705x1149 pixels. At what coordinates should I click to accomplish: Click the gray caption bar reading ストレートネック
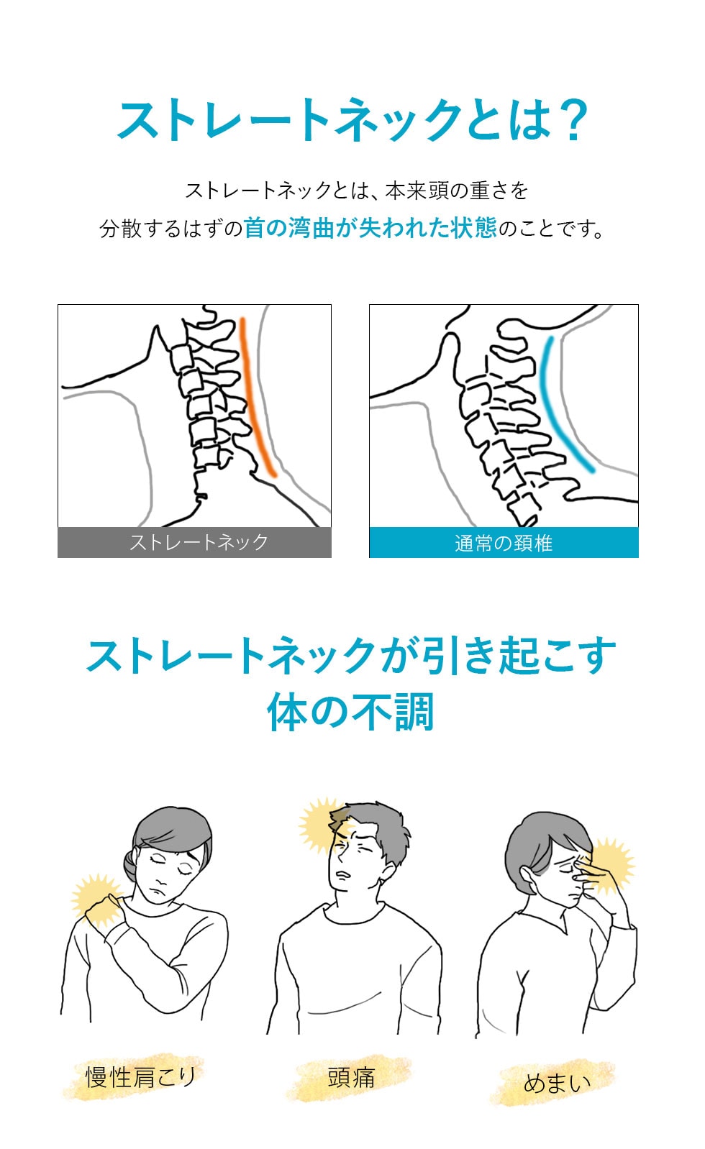pos(194,542)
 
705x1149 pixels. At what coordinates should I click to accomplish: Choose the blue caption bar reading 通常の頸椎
pos(504,543)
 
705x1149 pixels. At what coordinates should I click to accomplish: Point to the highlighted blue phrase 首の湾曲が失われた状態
pos(370,228)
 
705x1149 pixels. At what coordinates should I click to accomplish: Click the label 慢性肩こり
pos(140,1076)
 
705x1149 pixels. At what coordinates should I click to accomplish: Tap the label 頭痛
pos(352,1076)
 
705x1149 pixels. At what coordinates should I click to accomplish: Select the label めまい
pos(558,1082)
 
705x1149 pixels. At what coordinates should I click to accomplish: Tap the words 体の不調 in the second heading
pos(351,711)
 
